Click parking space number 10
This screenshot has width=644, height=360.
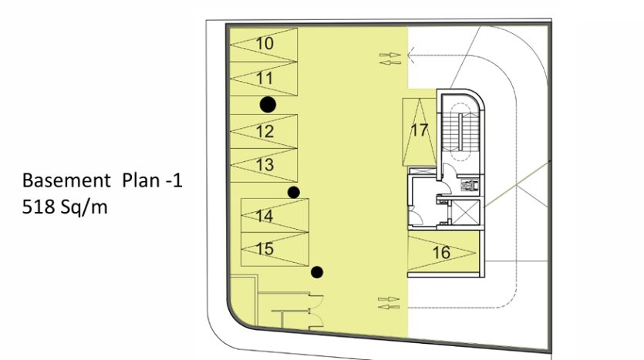[263, 45]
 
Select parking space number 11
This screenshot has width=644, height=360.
[263, 79]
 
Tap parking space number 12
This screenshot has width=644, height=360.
[263, 131]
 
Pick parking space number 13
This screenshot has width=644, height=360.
[263, 165]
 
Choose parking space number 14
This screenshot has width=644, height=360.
[275, 216]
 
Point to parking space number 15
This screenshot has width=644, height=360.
[275, 249]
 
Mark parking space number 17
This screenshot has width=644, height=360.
[420, 132]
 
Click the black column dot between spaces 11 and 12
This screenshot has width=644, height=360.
[268, 105]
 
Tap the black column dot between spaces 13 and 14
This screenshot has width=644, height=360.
[293, 192]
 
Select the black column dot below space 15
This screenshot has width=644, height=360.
[317, 272]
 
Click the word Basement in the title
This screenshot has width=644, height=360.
[66, 180]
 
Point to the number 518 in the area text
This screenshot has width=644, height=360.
[39, 207]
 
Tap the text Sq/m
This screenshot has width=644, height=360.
[84, 207]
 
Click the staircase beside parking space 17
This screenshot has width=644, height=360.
[460, 131]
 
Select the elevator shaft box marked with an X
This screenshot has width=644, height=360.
[465, 212]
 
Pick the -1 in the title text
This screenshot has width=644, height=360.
[174, 180]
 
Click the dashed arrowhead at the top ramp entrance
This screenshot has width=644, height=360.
[411, 55]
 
